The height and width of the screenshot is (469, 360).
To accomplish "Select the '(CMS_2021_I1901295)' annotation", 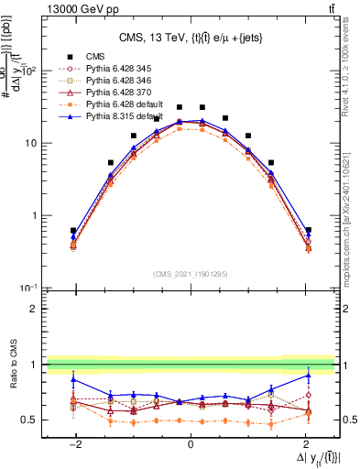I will coord(191,274).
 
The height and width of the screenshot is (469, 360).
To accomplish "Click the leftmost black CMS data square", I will coord(73,231).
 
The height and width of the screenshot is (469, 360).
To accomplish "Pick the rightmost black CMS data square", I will coord(308,230).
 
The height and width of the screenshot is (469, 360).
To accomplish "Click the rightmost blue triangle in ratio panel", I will coord(308,375).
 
